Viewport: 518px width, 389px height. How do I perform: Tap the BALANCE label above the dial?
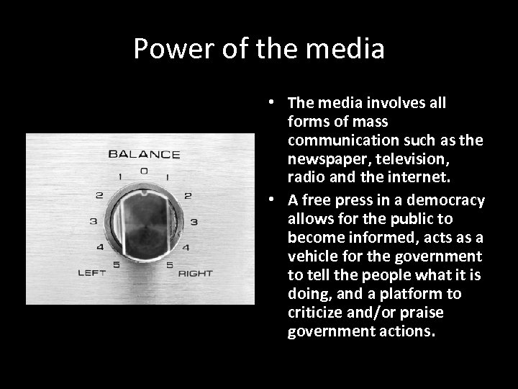[x=144, y=153]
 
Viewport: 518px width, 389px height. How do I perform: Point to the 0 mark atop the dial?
[x=145, y=171]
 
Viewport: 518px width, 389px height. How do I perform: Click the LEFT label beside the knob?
[x=92, y=272]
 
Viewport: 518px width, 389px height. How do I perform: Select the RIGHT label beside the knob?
[x=196, y=273]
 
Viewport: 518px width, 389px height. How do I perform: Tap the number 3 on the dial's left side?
[x=93, y=221]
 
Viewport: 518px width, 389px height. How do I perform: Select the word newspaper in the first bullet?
[x=322, y=158]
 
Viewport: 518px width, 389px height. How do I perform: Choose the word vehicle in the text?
[x=311, y=256]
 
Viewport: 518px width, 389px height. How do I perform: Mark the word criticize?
[x=316, y=313]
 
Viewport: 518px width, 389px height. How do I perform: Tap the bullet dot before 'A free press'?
[x=276, y=200]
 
